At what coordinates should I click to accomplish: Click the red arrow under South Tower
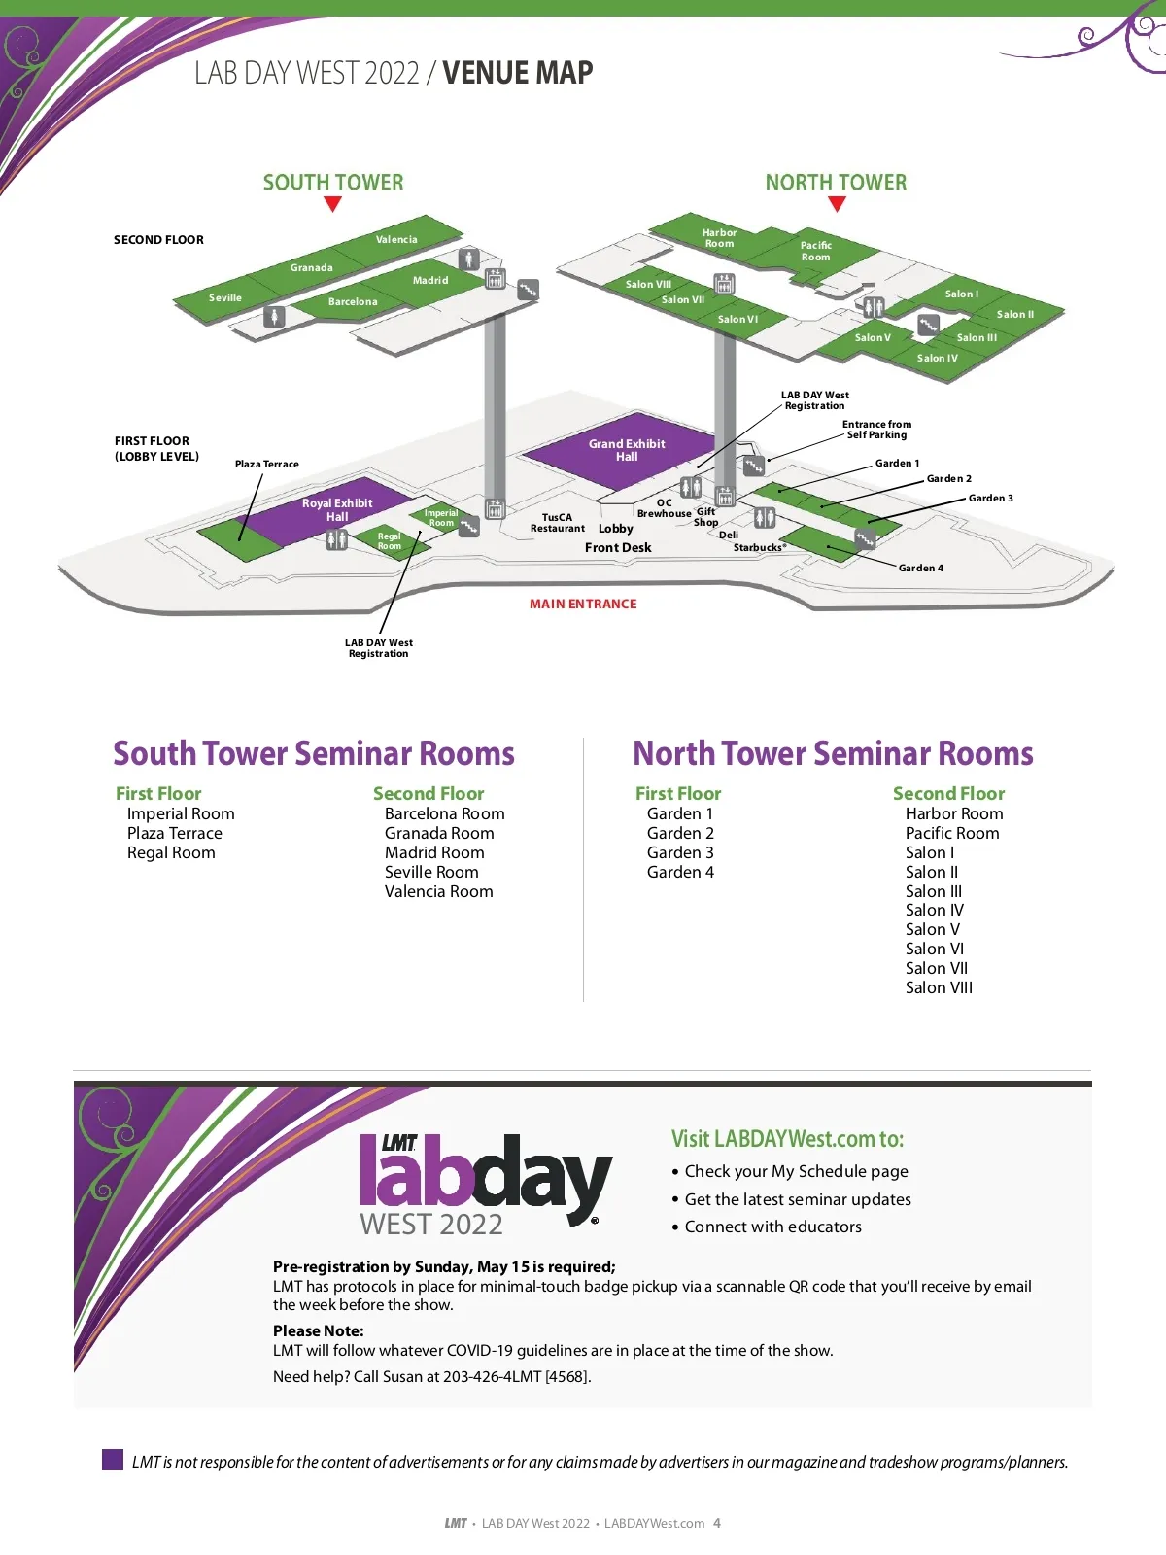[332, 204]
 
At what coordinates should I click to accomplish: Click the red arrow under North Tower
[837, 204]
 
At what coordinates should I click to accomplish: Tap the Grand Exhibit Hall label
[627, 450]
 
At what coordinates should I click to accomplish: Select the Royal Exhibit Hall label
[337, 510]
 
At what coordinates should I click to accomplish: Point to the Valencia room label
[396, 240]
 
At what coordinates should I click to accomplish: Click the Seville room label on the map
[225, 298]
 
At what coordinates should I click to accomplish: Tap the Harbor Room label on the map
[719, 238]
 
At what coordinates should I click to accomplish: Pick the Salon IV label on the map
[937, 359]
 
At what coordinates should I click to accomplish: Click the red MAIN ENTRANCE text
[583, 605]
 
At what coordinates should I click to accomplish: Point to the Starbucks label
[759, 548]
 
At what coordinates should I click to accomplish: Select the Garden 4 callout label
[920, 569]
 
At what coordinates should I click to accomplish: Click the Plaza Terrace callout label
[266, 465]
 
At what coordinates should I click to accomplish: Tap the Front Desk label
[618, 548]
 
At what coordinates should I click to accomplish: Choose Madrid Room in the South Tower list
[434, 852]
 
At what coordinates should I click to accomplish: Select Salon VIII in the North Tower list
[939, 988]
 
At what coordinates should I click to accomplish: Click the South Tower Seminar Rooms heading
[314, 754]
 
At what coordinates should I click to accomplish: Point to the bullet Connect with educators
[772, 1227]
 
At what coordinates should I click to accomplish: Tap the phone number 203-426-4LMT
[516, 1377]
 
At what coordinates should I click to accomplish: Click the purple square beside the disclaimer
[113, 1460]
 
